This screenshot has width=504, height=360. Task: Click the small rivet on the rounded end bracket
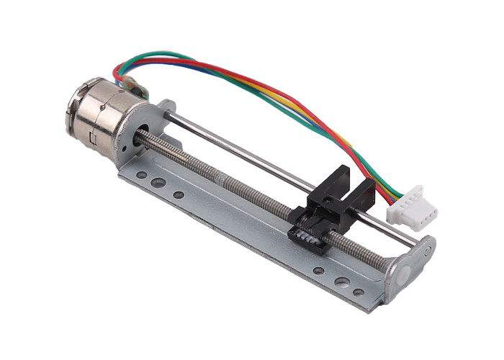427,251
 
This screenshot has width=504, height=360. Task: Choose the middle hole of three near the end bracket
339,282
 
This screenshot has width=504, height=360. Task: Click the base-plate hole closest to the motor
141,175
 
